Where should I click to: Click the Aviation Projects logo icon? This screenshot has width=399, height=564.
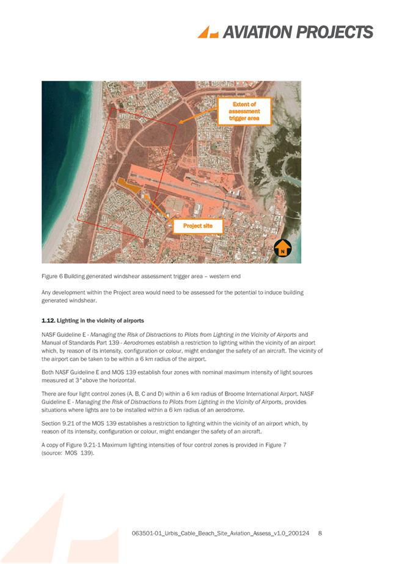pos(207,32)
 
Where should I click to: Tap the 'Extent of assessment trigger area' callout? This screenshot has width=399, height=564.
pos(244,111)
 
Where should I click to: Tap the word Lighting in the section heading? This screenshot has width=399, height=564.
pos(75,320)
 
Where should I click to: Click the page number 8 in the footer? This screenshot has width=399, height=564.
pos(320,534)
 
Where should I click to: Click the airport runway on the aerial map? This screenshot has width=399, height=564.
pos(202,186)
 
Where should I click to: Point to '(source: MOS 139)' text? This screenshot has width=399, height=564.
pos(67,454)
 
